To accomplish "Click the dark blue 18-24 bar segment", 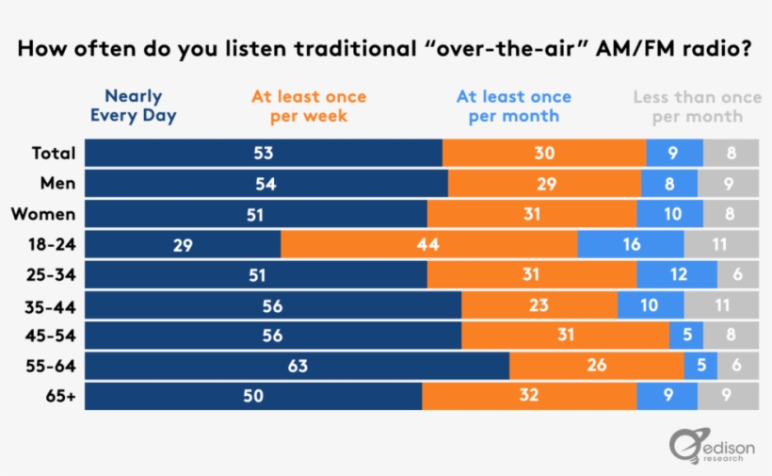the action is pos(183,244).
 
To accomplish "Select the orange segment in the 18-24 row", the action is pos(428,244).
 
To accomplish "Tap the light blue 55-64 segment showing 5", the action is pos(700,366).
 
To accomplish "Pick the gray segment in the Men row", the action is pos(728,183).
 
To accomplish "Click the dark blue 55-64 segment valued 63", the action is pos(297,366).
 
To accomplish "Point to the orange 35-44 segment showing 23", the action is pos(539,305).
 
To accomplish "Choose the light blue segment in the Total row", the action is pos(674,153).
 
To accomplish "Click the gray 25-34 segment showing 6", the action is pos(738,274).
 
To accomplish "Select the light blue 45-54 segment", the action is pos(686,335).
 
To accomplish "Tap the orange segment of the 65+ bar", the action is pos(529,396).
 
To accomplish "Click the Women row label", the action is pos(43,214).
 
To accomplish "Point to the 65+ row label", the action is pos(60,396).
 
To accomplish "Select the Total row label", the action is pos(54,153).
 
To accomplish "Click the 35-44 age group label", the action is pos(50,307).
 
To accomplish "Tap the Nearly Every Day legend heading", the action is pos(134,106).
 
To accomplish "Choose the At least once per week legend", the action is pos(309,106).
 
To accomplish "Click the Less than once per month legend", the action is pos(698,107).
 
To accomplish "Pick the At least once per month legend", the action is pos(513,106).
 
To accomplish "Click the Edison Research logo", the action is pos(712,446).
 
